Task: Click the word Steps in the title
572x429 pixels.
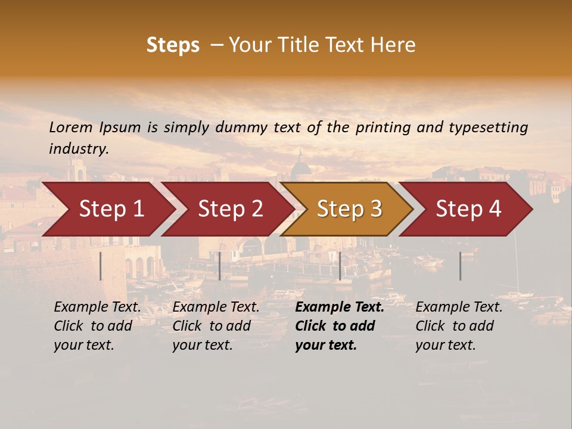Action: click(173, 45)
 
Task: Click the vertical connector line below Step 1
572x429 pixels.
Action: click(101, 266)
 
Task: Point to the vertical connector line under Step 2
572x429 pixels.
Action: click(220, 266)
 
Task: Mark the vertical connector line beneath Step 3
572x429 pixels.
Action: click(340, 266)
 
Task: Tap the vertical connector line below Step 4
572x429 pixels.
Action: click(460, 266)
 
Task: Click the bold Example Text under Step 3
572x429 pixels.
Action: click(340, 307)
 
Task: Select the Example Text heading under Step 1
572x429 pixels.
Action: click(97, 307)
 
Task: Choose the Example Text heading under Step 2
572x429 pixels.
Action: click(216, 307)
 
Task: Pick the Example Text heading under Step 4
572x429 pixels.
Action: click(459, 307)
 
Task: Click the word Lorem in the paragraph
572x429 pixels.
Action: click(70, 128)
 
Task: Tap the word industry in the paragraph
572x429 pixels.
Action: click(78, 149)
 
